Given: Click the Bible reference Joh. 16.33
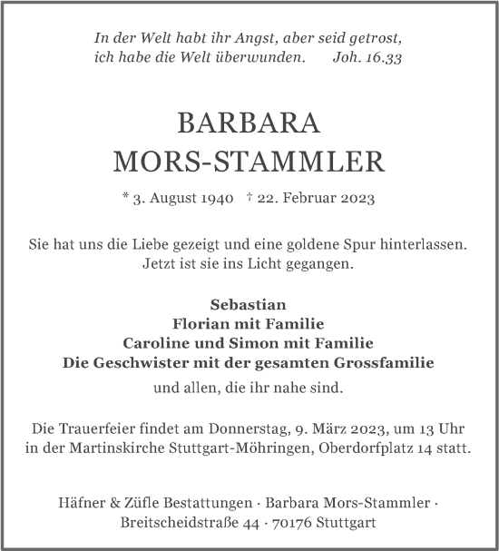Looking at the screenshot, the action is click(x=368, y=57).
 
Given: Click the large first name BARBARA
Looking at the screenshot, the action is click(x=249, y=123).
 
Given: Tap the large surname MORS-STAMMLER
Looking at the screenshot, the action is click(x=249, y=162).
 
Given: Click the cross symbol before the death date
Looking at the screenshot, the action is click(x=249, y=197).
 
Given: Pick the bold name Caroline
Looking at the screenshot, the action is click(x=157, y=342).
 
